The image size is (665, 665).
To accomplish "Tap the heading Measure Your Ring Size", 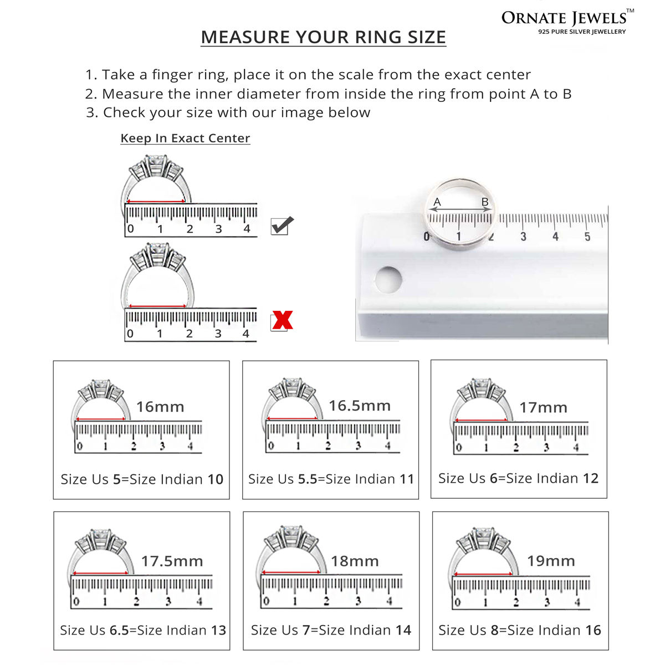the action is pos(323,37).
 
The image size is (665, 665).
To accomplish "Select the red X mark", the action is pos(282,320).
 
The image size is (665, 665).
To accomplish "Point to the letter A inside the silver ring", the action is pos(437,202).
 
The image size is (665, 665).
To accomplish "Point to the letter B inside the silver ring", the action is pos(485,202).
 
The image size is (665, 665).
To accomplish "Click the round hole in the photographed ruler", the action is pos(388,279).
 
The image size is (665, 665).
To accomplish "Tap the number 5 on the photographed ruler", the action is pos(587,237).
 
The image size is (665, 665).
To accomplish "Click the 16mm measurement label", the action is pos(160,407).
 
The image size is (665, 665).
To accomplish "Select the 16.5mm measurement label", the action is pos(360,406).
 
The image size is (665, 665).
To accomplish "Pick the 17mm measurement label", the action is pos(544,407).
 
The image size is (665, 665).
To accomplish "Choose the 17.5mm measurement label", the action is pos(172,561).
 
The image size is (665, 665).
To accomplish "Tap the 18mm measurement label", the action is pos(355,561).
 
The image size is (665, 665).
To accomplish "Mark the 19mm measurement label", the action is pos(551,561).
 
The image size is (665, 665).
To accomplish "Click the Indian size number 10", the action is pos(216,479).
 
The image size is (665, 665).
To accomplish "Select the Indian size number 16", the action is pos(593,630).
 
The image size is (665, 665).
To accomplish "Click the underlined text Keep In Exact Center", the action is pos(185,138).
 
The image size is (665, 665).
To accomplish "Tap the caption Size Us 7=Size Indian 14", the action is pos(331,630).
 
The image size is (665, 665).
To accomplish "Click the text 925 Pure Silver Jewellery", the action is pos(582,32).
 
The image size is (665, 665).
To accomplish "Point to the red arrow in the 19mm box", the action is pos(483,574).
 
